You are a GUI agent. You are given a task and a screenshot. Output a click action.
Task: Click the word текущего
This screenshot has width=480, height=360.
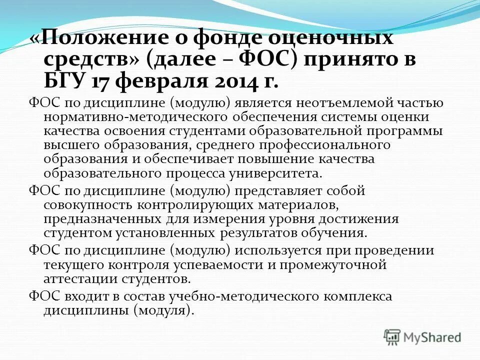[73, 264]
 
